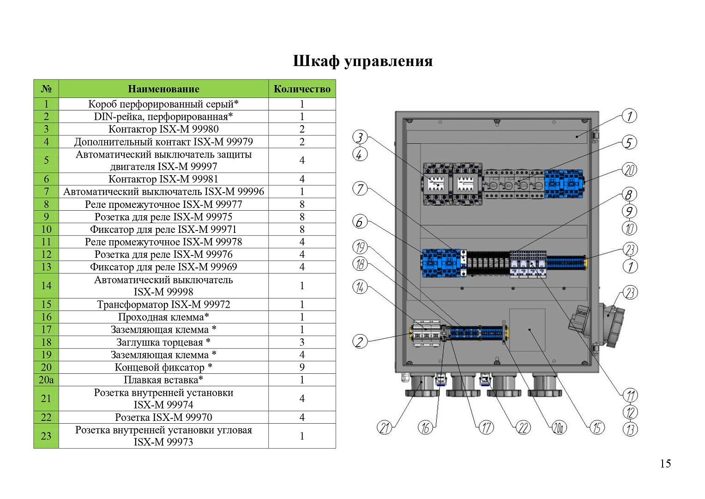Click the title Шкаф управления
click(x=363, y=61)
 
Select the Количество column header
click(x=302, y=89)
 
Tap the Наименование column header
click(x=163, y=89)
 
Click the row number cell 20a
click(x=46, y=380)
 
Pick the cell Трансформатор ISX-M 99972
click(x=163, y=304)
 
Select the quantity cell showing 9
click(x=302, y=367)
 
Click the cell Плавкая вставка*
click(x=163, y=380)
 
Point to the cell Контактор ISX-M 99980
click(x=163, y=129)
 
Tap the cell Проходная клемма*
click(x=163, y=317)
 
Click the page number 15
click(x=665, y=464)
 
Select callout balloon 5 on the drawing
click(x=629, y=143)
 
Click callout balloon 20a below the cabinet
click(x=559, y=428)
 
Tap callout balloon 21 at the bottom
click(x=384, y=428)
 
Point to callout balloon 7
click(x=360, y=189)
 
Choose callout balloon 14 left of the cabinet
click(x=360, y=287)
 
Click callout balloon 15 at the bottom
click(x=597, y=428)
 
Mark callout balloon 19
click(x=360, y=247)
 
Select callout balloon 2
click(x=360, y=341)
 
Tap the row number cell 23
click(x=46, y=436)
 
